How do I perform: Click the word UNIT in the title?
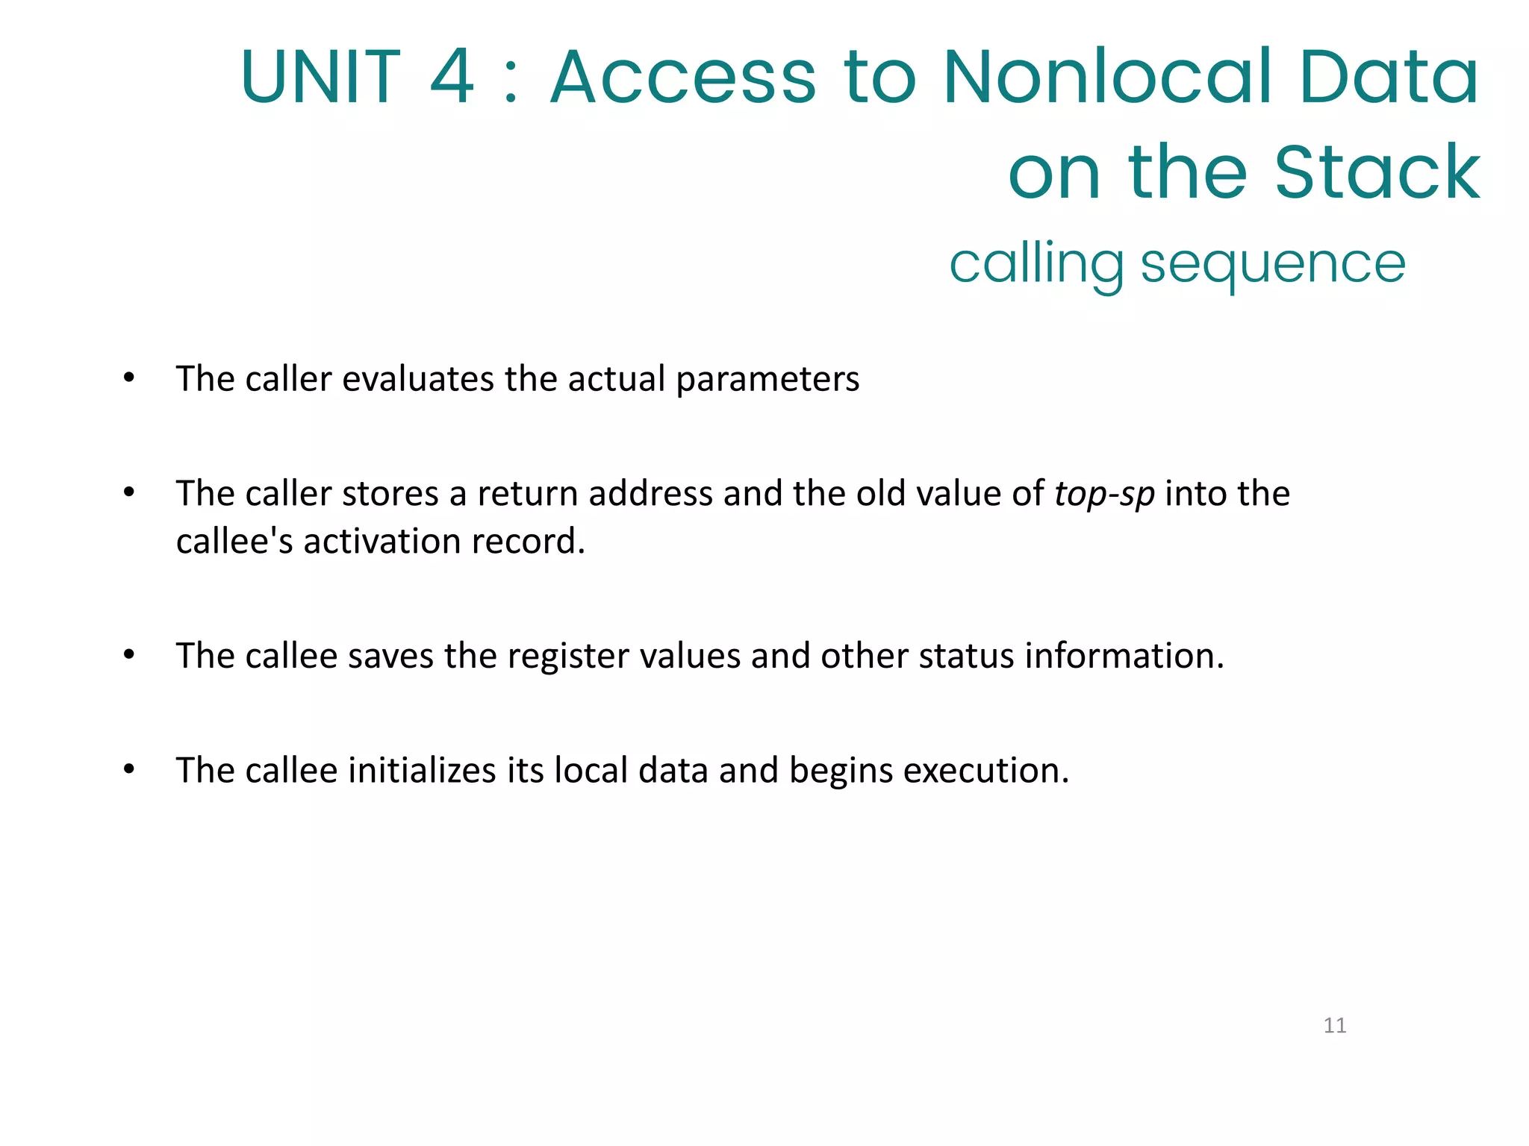(x=320, y=77)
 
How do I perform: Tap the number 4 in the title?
(x=452, y=77)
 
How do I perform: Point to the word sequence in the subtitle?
(x=1273, y=265)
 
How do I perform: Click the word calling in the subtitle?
(x=1036, y=265)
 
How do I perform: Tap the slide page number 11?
(x=1335, y=1025)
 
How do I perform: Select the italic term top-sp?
(x=1104, y=495)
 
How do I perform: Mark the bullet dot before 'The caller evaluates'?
(x=129, y=378)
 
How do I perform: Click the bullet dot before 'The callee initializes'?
(x=129, y=769)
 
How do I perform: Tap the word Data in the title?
(x=1388, y=77)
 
